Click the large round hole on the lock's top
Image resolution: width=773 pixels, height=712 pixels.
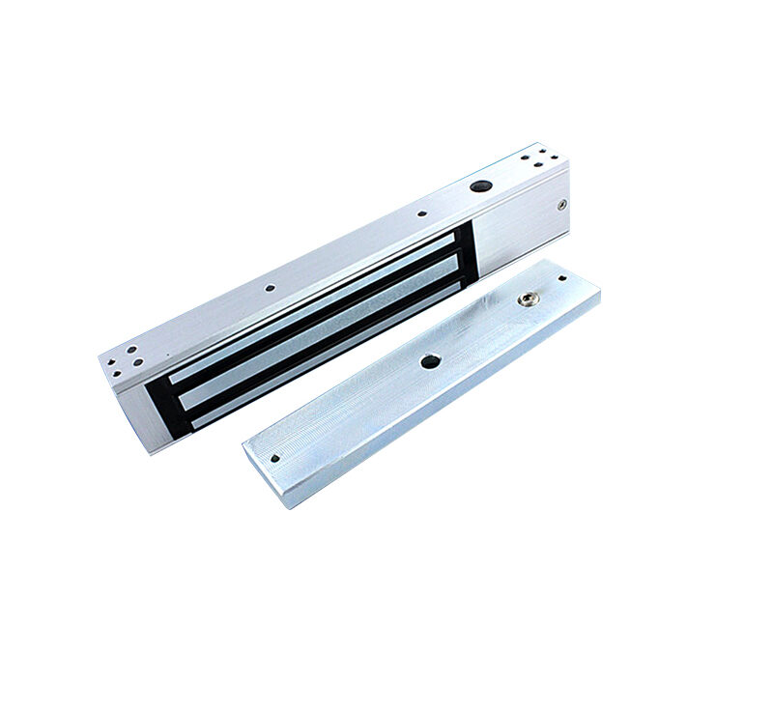[x=477, y=185]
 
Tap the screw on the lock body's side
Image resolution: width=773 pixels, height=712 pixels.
[x=562, y=204]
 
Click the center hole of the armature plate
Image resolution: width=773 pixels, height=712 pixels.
[x=430, y=361]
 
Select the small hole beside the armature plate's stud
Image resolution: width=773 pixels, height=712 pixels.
[x=562, y=279]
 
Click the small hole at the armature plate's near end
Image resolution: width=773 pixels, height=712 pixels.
[x=275, y=459]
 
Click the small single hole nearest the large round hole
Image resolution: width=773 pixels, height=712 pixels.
[x=421, y=215]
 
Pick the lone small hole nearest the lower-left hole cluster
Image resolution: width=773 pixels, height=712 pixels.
[x=269, y=287]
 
